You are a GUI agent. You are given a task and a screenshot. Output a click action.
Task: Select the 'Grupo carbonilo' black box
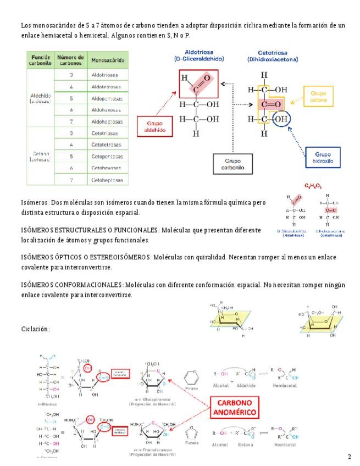pos(233,163)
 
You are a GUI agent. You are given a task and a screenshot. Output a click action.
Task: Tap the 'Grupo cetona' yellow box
pos(318,97)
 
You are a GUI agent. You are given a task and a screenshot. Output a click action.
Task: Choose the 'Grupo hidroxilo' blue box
pos(324,158)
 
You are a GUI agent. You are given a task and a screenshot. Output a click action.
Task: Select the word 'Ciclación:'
pos(35,329)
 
